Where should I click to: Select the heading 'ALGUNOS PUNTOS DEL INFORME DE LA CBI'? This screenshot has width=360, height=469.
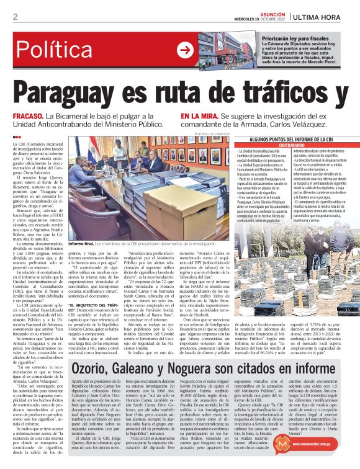(291, 140)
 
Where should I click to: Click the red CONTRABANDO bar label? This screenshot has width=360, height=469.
(291, 146)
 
